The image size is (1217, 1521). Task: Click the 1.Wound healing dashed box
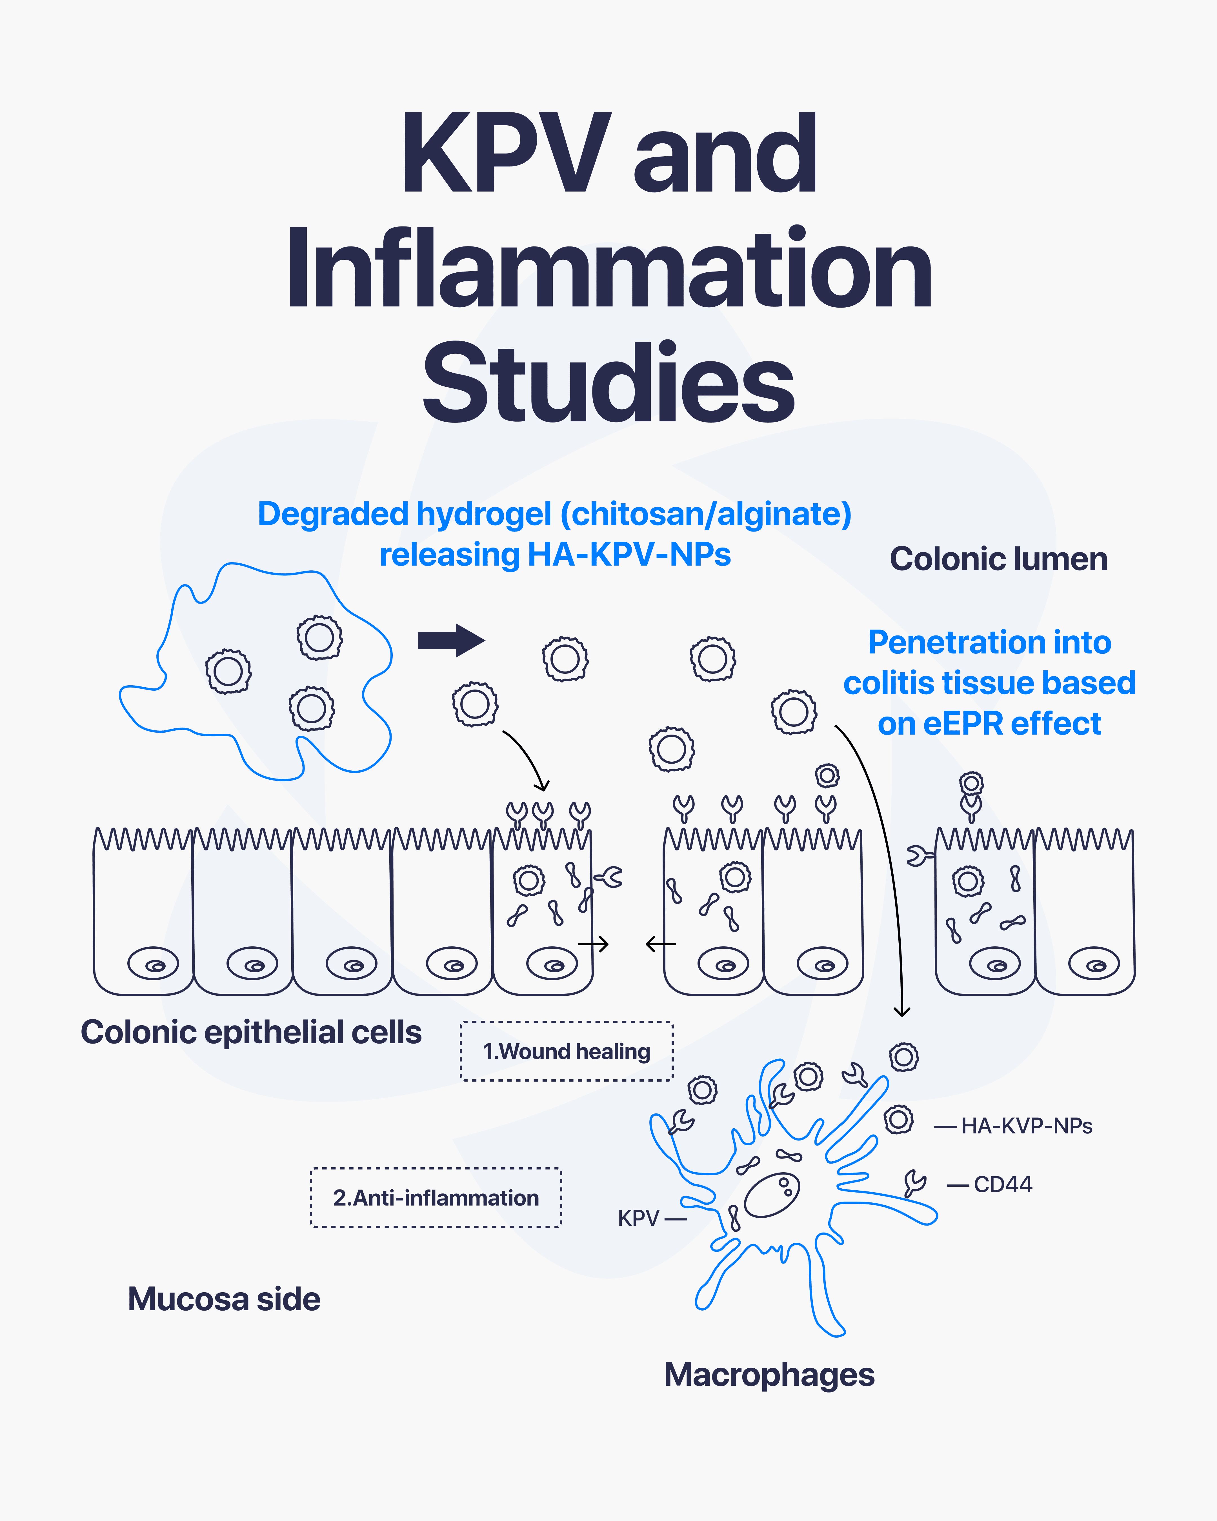point(567,1051)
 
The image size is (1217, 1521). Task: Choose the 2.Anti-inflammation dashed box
point(436,1198)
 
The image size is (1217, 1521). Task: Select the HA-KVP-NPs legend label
point(1027,1126)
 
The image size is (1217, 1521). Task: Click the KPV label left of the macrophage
point(638,1218)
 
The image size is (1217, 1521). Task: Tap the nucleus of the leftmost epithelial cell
point(153,964)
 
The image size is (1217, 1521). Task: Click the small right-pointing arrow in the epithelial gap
point(594,944)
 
